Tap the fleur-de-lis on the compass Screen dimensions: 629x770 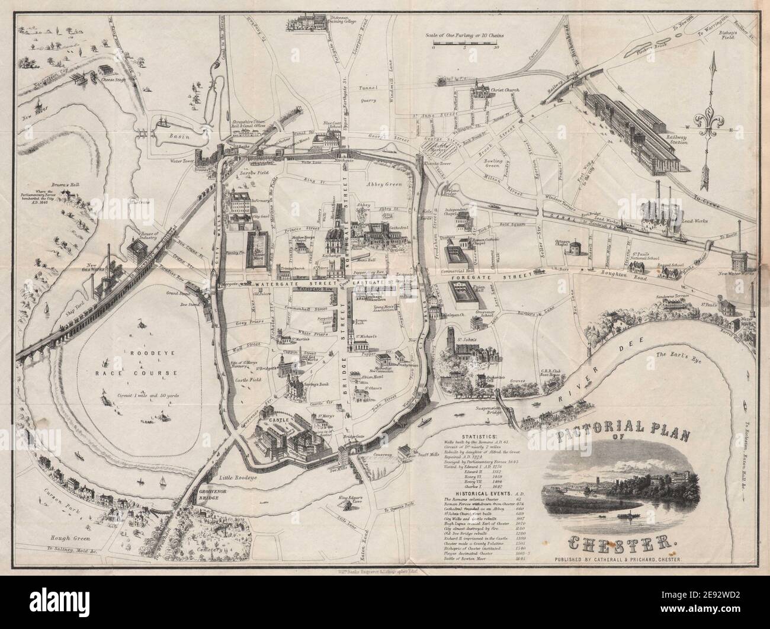[x=714, y=115]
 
